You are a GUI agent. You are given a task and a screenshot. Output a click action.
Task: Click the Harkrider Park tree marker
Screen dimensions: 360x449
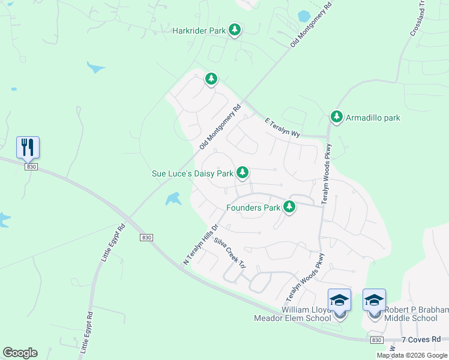tap(235, 30)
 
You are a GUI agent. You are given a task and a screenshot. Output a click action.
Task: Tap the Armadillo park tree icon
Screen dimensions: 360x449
tap(337, 117)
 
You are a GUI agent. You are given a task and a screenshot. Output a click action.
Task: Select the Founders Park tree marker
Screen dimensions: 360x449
tap(290, 207)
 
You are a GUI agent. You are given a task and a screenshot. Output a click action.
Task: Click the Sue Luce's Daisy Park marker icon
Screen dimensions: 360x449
tap(242, 173)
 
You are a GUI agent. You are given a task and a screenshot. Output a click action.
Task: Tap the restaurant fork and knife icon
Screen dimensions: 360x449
tap(28, 147)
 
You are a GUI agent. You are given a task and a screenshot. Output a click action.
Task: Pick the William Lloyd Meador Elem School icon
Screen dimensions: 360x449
tap(339, 300)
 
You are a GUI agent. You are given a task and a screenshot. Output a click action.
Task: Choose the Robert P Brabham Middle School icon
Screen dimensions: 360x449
tap(374, 300)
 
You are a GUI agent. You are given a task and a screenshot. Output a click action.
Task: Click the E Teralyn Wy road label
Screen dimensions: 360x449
tap(282, 127)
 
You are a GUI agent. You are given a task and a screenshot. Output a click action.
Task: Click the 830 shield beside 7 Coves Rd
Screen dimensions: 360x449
tap(376, 340)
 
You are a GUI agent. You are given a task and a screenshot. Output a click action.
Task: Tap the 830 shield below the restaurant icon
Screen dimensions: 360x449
tap(32, 167)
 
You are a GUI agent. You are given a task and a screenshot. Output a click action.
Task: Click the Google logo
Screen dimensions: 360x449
tap(20, 353)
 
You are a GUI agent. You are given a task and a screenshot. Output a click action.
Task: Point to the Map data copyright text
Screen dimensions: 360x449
tap(411, 355)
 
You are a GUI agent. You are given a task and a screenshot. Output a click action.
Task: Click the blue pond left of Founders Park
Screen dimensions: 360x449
tap(173, 199)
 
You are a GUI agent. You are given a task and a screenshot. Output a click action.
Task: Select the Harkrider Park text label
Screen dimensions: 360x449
tap(198, 31)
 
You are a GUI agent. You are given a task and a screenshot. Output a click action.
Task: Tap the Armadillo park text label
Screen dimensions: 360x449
tap(373, 118)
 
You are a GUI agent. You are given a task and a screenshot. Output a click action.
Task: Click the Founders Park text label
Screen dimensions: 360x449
tap(253, 208)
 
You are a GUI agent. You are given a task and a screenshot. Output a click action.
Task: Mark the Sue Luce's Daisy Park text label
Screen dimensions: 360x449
tap(192, 174)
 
